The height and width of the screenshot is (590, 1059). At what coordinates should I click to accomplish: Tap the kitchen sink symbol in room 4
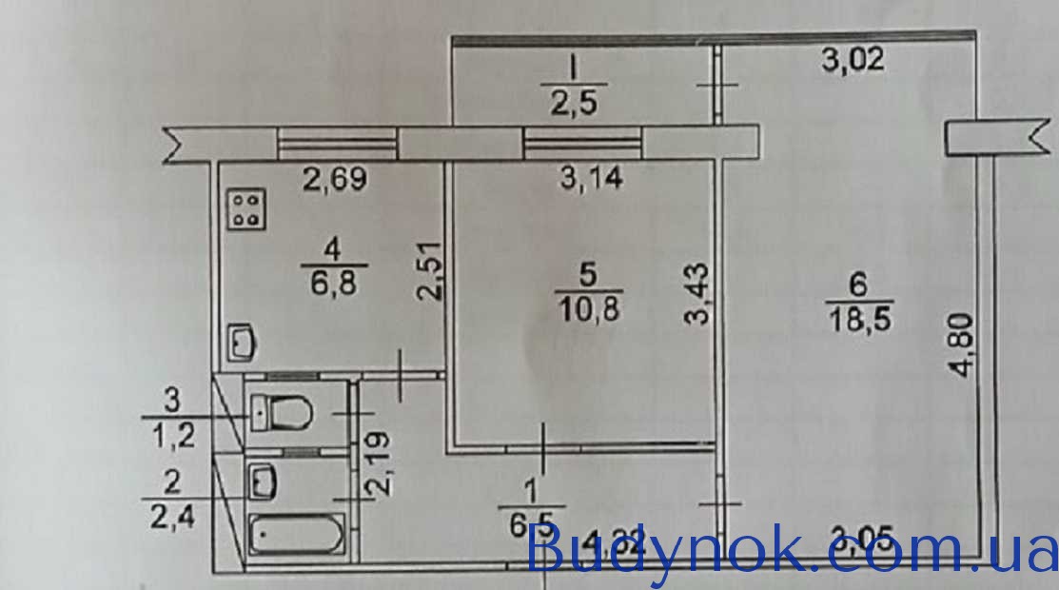tap(242, 343)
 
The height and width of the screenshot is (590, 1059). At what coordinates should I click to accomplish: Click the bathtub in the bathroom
tap(295, 534)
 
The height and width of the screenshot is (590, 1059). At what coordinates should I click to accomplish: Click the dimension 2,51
tap(431, 269)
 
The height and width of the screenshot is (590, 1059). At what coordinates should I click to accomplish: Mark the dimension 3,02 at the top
tap(853, 61)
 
